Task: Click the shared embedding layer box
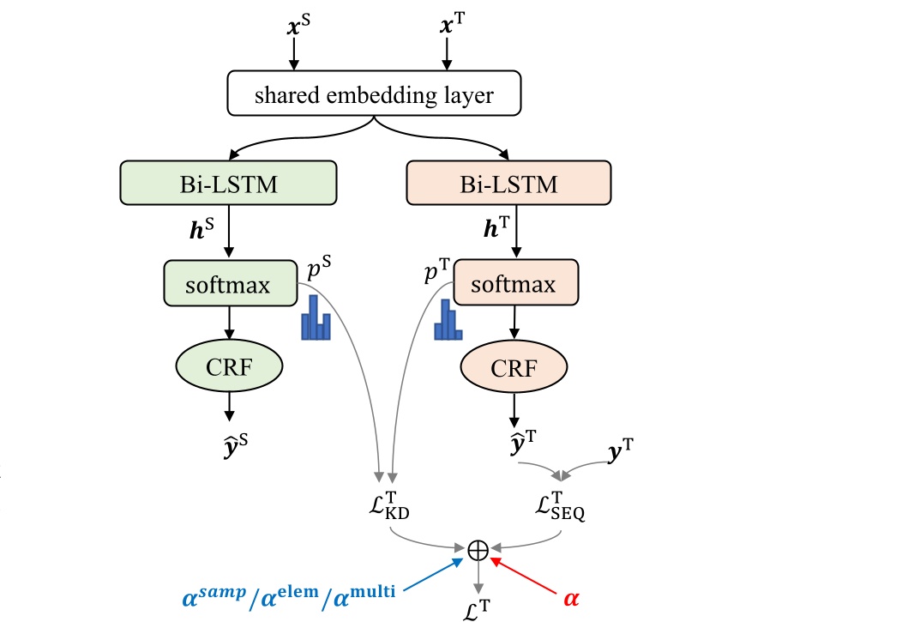pos(373,94)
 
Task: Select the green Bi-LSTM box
pos(229,184)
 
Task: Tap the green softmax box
pos(229,283)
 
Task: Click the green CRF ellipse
pos(229,368)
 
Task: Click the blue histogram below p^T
pos(448,320)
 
